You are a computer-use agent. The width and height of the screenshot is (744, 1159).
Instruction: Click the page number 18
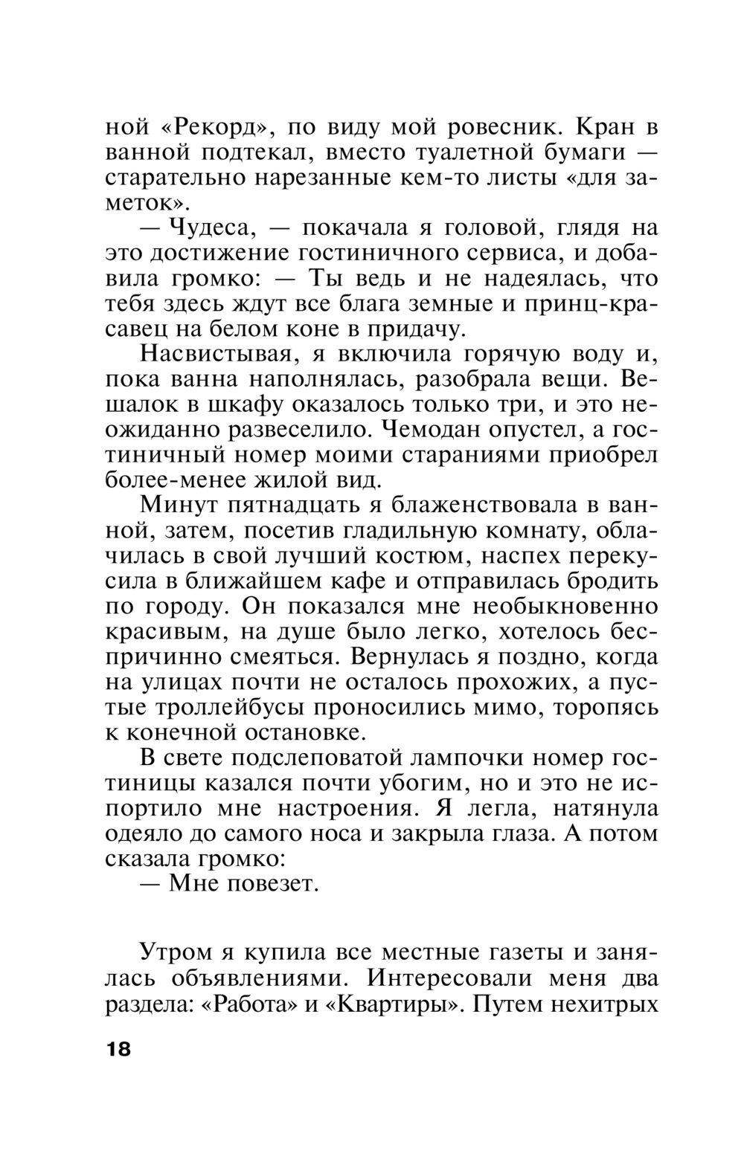tap(118, 1050)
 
